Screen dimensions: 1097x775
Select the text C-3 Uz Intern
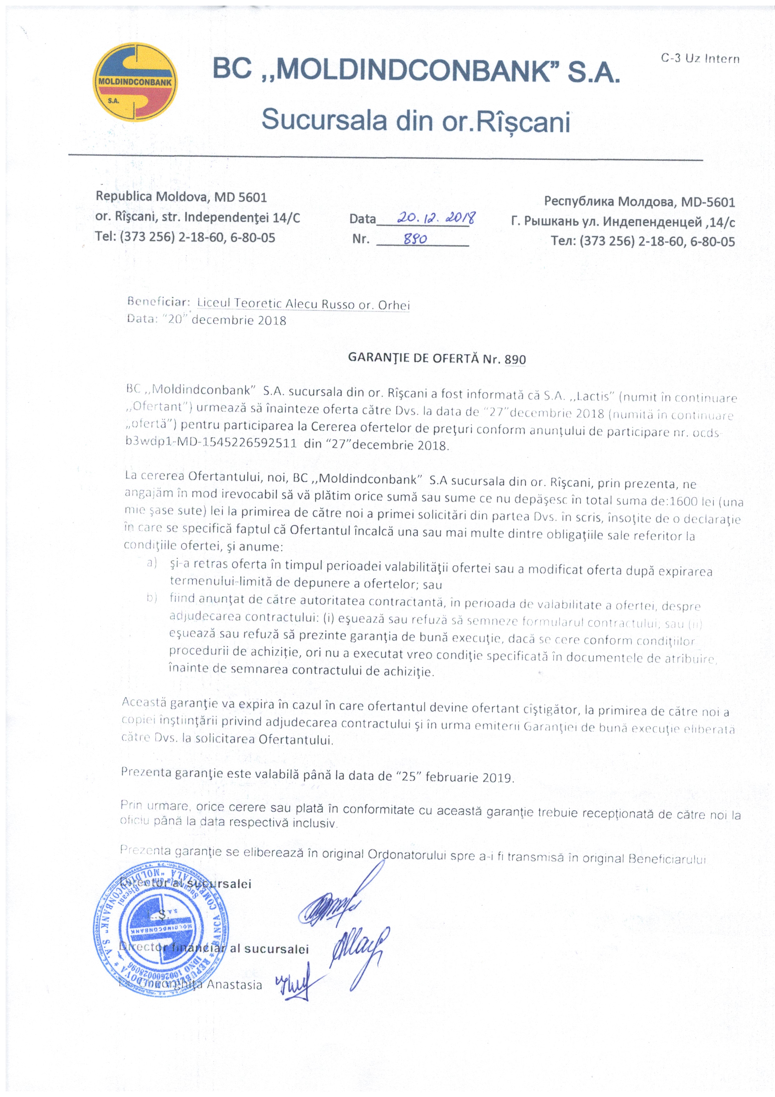(700, 59)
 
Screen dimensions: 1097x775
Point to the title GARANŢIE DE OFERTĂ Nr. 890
(437, 358)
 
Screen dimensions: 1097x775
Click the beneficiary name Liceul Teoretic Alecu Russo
(303, 304)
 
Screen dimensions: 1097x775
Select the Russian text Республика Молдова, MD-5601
(639, 202)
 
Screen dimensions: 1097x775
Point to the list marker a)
(152, 563)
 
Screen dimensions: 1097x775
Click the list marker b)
(152, 598)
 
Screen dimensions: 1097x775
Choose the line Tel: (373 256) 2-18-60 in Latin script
(185, 237)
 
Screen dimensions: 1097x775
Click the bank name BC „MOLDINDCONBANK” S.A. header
(415, 71)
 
